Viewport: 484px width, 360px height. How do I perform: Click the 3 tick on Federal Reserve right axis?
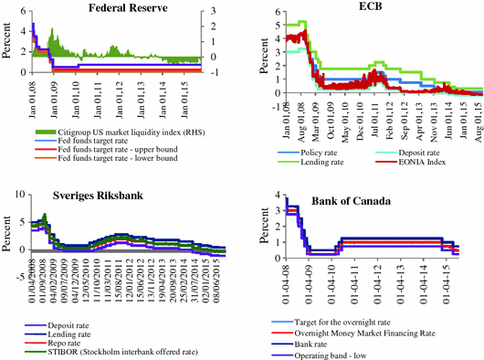212,11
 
